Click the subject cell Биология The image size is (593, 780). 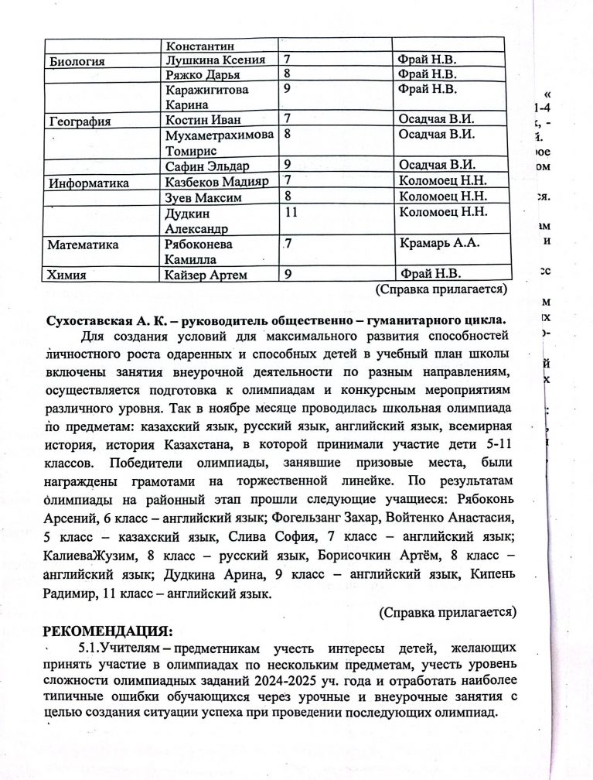point(77,61)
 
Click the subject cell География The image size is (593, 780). point(80,121)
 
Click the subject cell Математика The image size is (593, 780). point(83,245)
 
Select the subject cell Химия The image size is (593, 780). point(66,274)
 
